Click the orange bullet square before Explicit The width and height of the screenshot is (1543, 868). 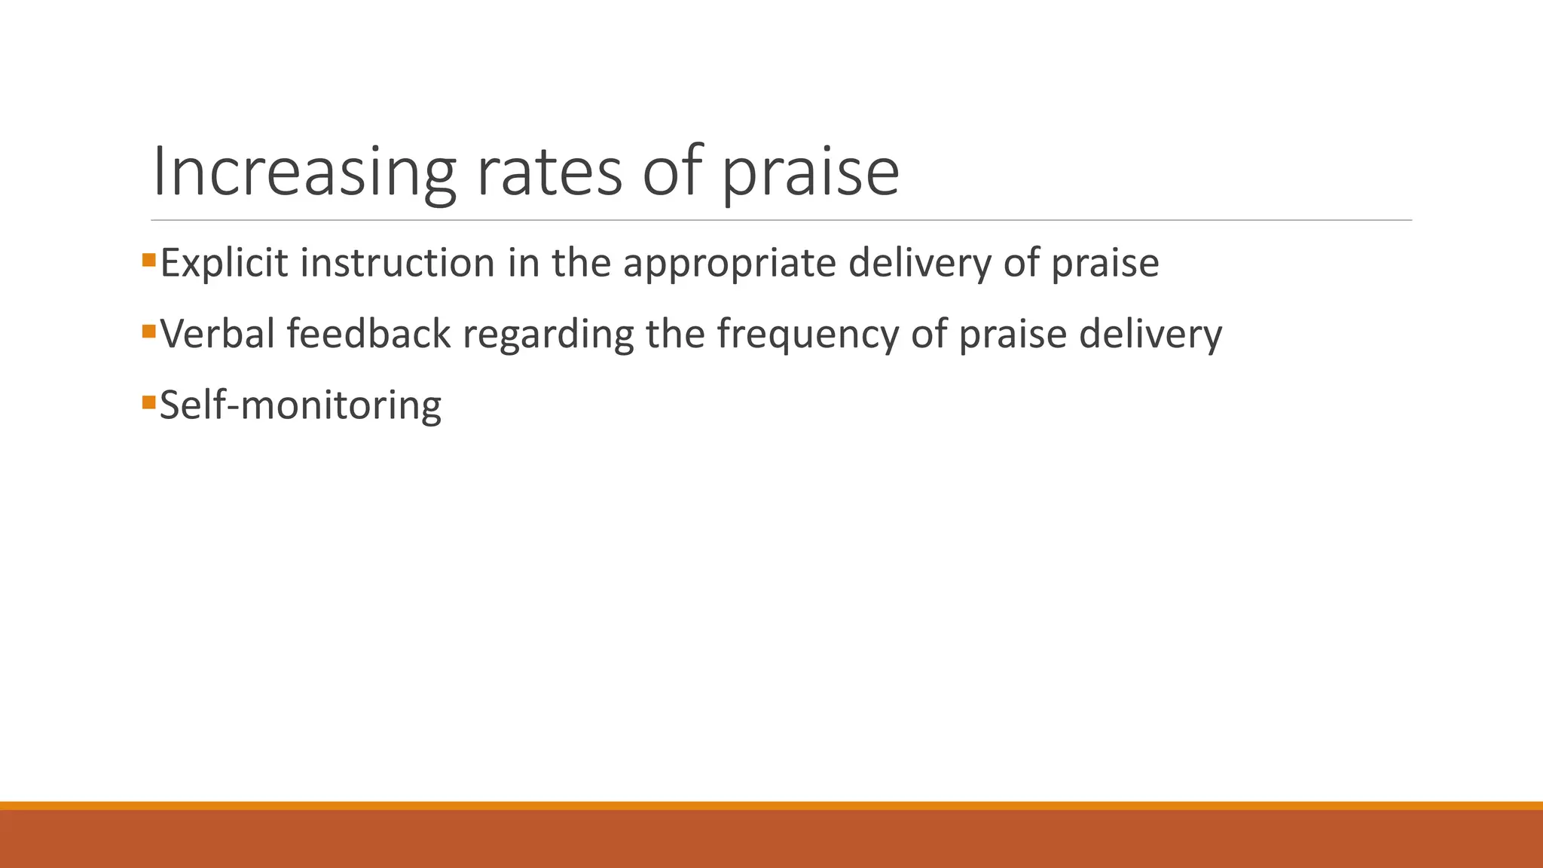pos(148,261)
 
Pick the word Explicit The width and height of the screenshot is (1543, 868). pos(224,263)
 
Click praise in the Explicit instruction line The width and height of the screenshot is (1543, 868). pos(1105,263)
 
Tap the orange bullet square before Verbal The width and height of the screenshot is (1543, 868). pos(148,331)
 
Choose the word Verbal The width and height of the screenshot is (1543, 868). pos(218,334)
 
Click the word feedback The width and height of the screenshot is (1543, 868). pos(368,334)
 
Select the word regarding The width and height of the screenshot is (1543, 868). pos(548,334)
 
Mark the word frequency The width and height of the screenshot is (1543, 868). pos(808,334)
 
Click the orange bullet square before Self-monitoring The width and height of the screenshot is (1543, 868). pos(148,402)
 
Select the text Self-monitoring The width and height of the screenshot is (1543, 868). pos(301,405)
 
